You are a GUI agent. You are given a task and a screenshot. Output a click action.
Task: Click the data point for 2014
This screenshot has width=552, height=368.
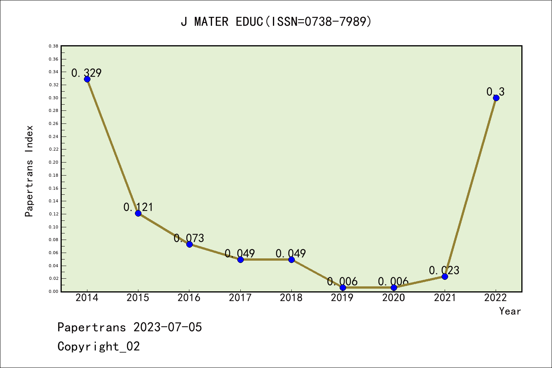click(x=87, y=79)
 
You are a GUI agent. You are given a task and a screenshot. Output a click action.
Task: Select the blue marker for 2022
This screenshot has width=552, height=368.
click(x=496, y=98)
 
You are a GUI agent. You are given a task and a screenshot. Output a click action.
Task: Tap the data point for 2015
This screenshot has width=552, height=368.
click(x=138, y=213)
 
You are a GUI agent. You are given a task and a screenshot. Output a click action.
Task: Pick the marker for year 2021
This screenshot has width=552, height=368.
click(x=445, y=276)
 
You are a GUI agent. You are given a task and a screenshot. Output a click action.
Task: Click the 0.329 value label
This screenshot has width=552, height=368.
click(x=87, y=73)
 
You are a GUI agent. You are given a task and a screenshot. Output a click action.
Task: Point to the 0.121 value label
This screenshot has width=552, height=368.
click(x=138, y=207)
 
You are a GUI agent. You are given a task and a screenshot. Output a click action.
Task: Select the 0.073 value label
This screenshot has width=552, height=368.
click(x=189, y=238)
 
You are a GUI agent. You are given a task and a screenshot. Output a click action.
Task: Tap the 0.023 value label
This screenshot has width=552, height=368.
click(x=444, y=270)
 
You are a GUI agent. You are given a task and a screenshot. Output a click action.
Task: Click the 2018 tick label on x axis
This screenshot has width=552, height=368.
click(x=291, y=298)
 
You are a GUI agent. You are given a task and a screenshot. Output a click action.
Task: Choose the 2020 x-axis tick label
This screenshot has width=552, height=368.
click(x=394, y=298)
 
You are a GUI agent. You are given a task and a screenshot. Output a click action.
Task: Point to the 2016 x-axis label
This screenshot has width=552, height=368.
click(x=189, y=298)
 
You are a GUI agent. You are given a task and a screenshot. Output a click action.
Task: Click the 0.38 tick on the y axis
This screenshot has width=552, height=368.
click(x=54, y=46)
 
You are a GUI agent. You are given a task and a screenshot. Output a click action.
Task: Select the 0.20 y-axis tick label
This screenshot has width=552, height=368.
click(x=54, y=162)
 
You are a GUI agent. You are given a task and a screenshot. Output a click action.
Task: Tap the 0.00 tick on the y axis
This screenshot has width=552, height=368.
click(x=54, y=291)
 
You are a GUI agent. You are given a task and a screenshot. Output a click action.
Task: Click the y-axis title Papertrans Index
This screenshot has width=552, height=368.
click(x=30, y=171)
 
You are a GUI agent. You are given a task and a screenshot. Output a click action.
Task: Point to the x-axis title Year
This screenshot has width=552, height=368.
click(x=510, y=311)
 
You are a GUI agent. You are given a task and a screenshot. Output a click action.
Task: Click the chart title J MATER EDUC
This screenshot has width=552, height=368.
click(x=276, y=21)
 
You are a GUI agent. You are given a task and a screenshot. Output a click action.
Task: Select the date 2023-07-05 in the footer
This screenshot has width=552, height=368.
click(x=168, y=327)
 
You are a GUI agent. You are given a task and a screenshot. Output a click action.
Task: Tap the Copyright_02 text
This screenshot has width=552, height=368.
click(x=99, y=347)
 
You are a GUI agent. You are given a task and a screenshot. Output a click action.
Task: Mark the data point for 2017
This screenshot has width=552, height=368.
click(x=240, y=260)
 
